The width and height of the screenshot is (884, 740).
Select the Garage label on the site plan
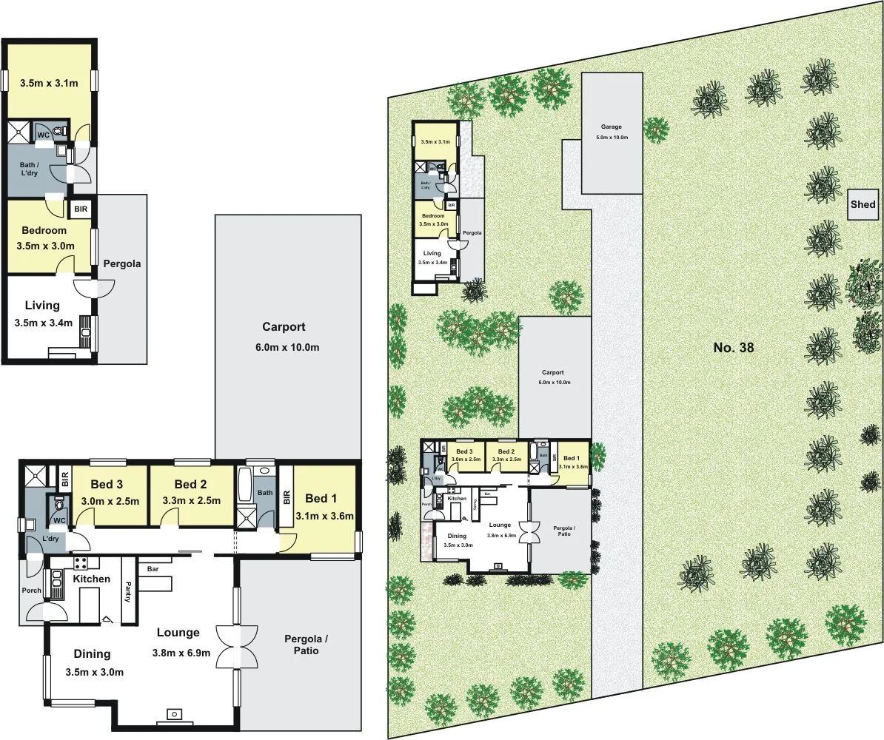pos(612,127)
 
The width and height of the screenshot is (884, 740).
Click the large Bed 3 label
pos(107,485)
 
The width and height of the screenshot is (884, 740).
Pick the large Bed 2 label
pos(191,485)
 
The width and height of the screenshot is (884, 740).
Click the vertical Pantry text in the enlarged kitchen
pos(127,588)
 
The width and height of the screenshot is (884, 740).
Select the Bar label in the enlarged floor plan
pos(154,569)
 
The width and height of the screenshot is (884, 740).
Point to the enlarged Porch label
pos(31,591)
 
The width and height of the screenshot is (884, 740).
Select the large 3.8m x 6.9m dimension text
pos(181,653)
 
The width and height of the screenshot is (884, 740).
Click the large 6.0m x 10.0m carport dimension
pos(284,348)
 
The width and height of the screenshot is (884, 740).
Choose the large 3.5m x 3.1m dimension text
pos(48,83)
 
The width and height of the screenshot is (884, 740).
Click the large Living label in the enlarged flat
pos(42,305)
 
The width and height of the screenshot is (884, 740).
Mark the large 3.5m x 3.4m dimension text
pos(43,323)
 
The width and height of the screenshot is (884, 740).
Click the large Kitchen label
pos(91,579)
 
